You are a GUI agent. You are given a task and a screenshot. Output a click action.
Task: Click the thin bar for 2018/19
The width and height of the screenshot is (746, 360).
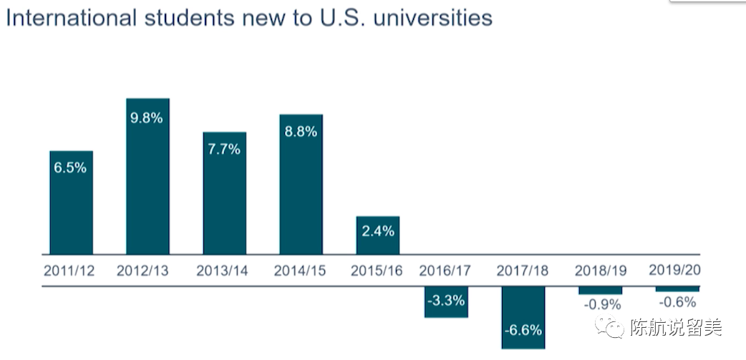tap(600, 291)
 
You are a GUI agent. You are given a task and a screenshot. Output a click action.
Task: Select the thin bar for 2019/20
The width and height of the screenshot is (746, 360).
tap(677, 289)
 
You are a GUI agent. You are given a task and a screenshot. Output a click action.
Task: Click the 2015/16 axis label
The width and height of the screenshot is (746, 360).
tap(377, 271)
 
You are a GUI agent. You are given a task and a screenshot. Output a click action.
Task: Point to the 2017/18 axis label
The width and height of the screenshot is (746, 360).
tap(523, 271)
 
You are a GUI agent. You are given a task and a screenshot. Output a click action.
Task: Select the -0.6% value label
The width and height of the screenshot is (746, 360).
tap(677, 302)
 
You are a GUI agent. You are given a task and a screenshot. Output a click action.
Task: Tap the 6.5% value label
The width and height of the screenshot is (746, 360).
tap(70, 167)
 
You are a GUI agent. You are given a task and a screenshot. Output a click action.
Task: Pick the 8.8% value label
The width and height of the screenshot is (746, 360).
tap(301, 132)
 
